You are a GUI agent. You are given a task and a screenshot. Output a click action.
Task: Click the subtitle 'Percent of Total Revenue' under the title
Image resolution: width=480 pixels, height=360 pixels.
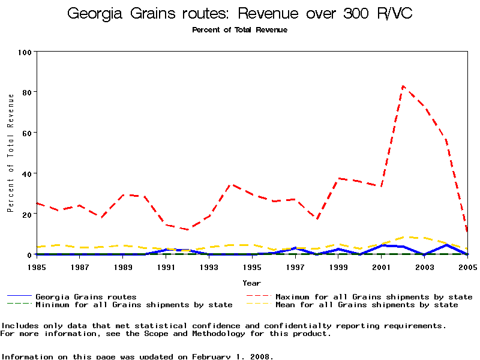click(x=239, y=30)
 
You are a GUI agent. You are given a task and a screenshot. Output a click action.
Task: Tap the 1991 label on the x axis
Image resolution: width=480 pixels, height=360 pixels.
click(x=166, y=266)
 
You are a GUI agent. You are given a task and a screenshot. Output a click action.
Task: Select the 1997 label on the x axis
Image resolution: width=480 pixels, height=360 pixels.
click(x=295, y=266)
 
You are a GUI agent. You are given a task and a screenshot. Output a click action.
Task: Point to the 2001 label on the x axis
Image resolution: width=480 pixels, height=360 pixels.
click(x=382, y=266)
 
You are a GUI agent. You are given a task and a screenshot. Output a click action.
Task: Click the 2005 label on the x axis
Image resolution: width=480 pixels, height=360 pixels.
click(x=467, y=266)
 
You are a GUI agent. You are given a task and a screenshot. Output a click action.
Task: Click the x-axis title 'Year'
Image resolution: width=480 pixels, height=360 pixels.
click(x=251, y=283)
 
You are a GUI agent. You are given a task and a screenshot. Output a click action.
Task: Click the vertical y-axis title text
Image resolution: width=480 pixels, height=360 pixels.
click(x=10, y=152)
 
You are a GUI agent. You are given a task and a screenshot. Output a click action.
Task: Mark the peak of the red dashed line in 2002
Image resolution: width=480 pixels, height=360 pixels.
click(x=403, y=86)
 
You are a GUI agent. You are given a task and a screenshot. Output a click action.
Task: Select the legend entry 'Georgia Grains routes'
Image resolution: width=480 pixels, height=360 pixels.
click(x=86, y=297)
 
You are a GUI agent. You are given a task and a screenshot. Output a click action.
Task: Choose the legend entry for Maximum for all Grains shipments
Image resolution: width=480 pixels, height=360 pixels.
click(x=374, y=297)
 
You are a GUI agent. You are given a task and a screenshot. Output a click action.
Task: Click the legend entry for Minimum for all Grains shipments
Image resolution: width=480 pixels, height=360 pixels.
click(x=134, y=305)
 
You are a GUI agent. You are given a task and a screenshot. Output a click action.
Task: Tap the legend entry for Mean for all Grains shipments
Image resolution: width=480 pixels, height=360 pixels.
click(x=367, y=305)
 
